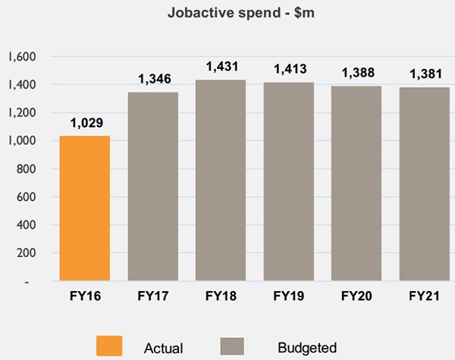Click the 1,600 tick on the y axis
coord(22,57)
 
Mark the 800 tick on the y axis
coord(27,169)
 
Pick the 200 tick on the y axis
coord(27,253)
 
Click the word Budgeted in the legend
coord(307,347)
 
